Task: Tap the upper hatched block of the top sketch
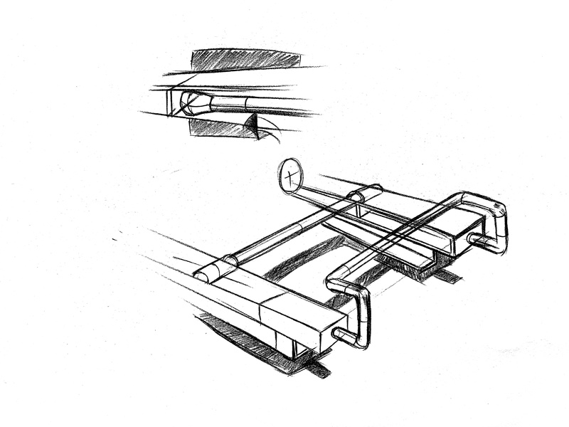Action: [245, 59]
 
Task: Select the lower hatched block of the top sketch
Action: [220, 128]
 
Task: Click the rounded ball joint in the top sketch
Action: [193, 102]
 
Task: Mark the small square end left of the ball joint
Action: [173, 101]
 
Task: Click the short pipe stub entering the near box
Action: [345, 337]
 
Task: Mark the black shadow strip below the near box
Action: [318, 369]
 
